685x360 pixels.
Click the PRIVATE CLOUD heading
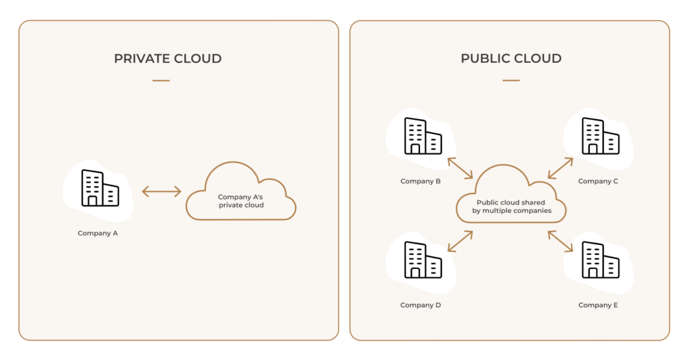(x=167, y=59)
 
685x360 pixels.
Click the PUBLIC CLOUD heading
(x=510, y=59)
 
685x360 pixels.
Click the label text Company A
(x=98, y=234)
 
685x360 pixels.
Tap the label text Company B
(x=421, y=181)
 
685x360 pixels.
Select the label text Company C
(x=598, y=181)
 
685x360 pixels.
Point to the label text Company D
(x=421, y=305)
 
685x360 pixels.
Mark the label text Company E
(x=598, y=305)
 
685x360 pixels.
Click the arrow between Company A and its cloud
(x=161, y=192)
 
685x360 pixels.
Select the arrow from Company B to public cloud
(x=460, y=168)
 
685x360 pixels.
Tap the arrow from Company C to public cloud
(x=561, y=168)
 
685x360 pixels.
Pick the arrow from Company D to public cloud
(x=460, y=242)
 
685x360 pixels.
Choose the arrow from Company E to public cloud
(x=561, y=242)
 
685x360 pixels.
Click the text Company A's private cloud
(x=241, y=201)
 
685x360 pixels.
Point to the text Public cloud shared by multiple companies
(x=510, y=207)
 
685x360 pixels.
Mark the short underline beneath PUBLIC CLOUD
(x=510, y=80)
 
